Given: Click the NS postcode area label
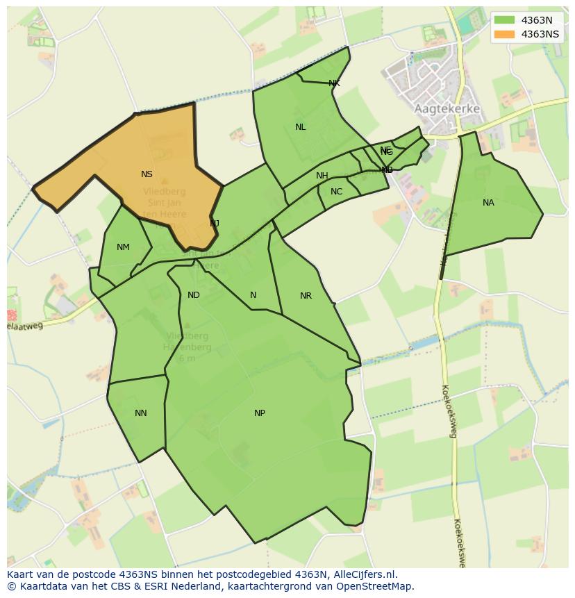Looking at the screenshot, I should pyautogui.click(x=147, y=174).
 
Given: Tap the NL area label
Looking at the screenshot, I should pyautogui.click(x=300, y=127).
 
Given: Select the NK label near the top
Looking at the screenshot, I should pyautogui.click(x=334, y=83).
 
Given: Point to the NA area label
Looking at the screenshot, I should pyautogui.click(x=488, y=203).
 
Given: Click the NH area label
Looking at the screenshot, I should pyautogui.click(x=322, y=176).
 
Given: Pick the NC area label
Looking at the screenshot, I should pyautogui.click(x=336, y=192).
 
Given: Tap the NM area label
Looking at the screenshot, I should pyautogui.click(x=123, y=247).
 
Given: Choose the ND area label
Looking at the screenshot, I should pyautogui.click(x=194, y=295).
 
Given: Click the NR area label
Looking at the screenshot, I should pyautogui.click(x=306, y=296).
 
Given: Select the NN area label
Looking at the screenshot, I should pyautogui.click(x=140, y=413).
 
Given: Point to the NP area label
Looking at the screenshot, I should pyautogui.click(x=259, y=413).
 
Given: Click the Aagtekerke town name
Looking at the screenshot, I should pyautogui.click(x=447, y=109).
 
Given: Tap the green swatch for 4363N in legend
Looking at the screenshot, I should pyautogui.click(x=505, y=21).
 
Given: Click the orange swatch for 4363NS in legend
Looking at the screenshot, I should pyautogui.click(x=505, y=34).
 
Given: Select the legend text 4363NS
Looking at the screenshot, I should pyautogui.click(x=540, y=34).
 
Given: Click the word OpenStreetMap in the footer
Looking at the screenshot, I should pyautogui.click(x=378, y=586).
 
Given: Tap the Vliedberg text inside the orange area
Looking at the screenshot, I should pyautogui.click(x=164, y=192).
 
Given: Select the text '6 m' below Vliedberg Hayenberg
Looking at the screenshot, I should pyautogui.click(x=186, y=358).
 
